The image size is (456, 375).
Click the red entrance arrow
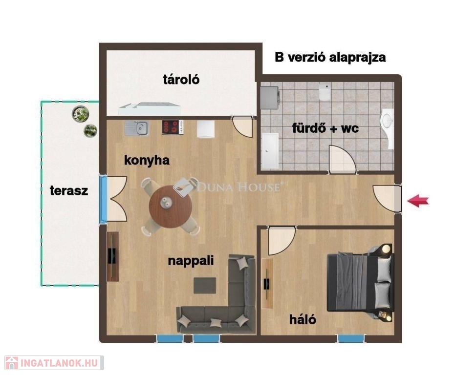(417, 201)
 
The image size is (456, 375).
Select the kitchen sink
(137, 128)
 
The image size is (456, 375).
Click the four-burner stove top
(173, 127)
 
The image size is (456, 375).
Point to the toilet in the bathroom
(325, 92)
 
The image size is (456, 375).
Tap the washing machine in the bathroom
(270, 98)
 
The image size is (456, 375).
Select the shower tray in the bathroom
(270, 151)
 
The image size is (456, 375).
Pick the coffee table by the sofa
(205, 285)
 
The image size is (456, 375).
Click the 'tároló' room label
(181, 79)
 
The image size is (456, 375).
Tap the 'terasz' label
(69, 190)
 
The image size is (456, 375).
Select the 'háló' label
(303, 319)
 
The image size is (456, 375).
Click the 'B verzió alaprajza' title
(330, 58)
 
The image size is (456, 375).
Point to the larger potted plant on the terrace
(81, 114)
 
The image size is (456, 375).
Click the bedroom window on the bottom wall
(351, 339)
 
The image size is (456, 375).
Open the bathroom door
(342, 159)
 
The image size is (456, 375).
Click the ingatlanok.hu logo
(54, 363)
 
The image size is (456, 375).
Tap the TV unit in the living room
(113, 256)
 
